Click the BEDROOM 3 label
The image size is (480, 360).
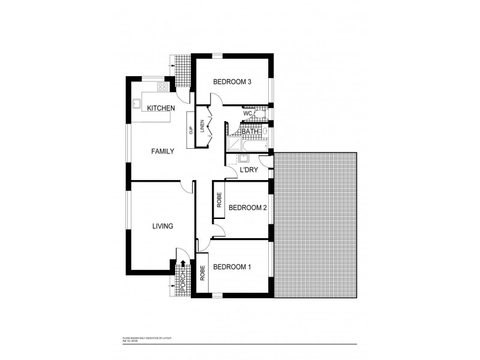pyautogui.click(x=233, y=83)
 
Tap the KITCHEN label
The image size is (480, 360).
pyautogui.click(x=161, y=108)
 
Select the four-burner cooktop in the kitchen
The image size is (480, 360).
pyautogui.click(x=162, y=88)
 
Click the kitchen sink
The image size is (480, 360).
pyautogui.click(x=136, y=102)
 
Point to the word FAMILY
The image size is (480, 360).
pyautogui.click(x=162, y=152)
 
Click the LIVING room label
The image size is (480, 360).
pyautogui.click(x=163, y=226)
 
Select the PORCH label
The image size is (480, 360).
pyautogui.click(x=184, y=281)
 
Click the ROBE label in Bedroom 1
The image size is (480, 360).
pyautogui.click(x=203, y=274)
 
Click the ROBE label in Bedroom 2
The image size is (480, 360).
pyautogui.click(x=220, y=200)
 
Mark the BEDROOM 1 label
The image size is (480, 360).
pyautogui.click(x=233, y=267)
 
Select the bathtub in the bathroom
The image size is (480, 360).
pyautogui.click(x=255, y=145)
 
